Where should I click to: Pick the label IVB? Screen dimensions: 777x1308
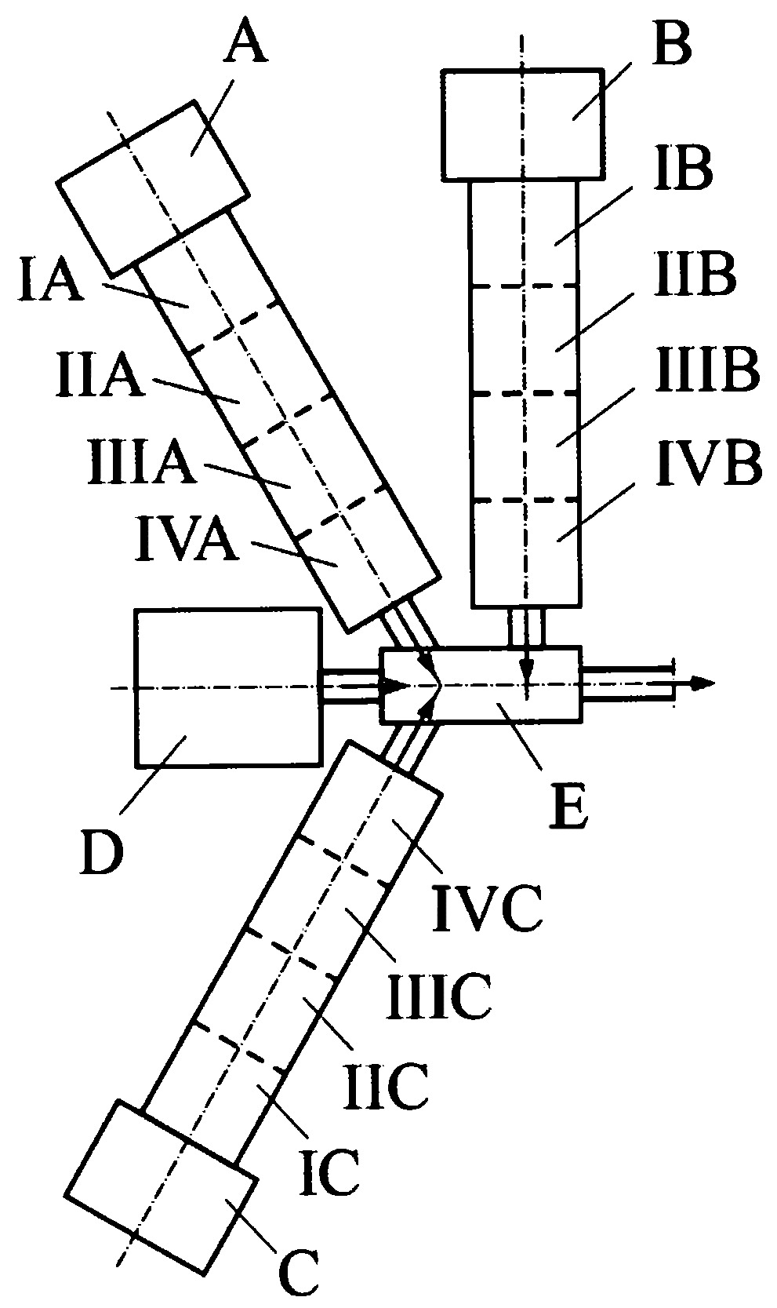tap(708, 465)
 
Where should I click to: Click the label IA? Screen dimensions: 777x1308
tap(51, 282)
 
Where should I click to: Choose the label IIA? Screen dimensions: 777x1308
tap(100, 377)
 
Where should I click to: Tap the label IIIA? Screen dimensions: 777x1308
tap(142, 463)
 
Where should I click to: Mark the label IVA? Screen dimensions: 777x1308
tap(187, 541)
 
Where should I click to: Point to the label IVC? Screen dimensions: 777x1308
tap(486, 909)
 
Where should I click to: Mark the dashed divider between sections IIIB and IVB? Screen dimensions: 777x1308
tap(525, 501)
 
